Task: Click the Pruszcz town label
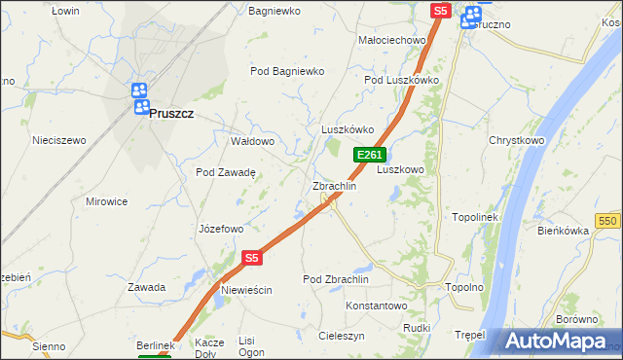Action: coord(171,113)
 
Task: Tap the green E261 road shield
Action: coord(371,155)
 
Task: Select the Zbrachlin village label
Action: coord(334,185)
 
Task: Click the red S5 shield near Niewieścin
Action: coord(252,258)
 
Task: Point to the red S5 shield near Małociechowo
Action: coord(441,11)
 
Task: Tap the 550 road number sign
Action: coord(609,222)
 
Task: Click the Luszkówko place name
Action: coord(348,129)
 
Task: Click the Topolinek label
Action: coord(475,217)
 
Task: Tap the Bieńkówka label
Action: coord(564,231)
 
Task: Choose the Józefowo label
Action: coord(220,230)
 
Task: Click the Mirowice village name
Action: coord(107,201)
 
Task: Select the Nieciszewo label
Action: coord(58,140)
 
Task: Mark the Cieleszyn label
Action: coord(338,335)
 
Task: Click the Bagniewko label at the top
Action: coord(275,11)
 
